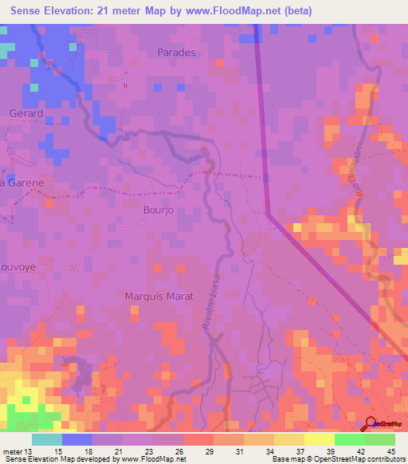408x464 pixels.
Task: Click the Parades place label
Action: (x=177, y=52)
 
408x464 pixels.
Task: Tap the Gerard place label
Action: (x=25, y=114)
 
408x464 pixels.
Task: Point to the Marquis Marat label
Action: (x=159, y=296)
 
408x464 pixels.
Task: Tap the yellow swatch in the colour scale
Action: (x=319, y=439)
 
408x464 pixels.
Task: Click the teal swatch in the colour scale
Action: (x=46, y=439)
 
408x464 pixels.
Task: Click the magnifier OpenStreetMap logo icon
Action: (x=371, y=424)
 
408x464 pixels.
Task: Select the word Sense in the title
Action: (x=30, y=11)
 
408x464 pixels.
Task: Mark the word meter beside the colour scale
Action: (x=12, y=451)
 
